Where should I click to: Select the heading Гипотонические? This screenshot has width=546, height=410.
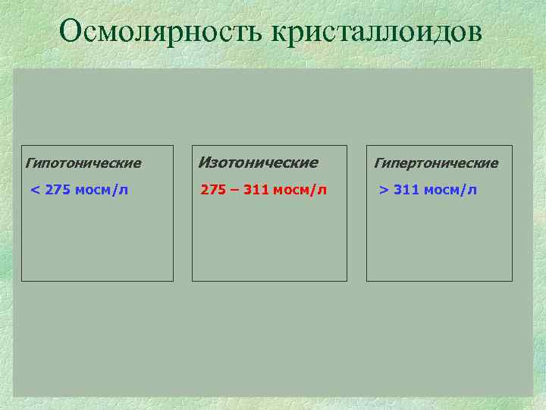83,163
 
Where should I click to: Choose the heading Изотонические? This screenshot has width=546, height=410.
258,162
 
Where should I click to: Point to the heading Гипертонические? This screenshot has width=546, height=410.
436,163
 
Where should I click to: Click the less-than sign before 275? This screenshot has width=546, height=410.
34,190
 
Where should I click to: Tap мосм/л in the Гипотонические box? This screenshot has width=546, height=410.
102,190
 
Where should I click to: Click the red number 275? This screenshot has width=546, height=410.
213,190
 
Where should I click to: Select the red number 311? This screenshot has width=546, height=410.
256,190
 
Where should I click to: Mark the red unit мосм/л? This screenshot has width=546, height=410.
300,190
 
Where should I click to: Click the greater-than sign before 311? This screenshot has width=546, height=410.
384,190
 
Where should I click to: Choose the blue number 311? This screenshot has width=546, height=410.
406,190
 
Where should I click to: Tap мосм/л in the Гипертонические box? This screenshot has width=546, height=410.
450,190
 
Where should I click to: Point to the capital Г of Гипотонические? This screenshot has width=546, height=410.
30,163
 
